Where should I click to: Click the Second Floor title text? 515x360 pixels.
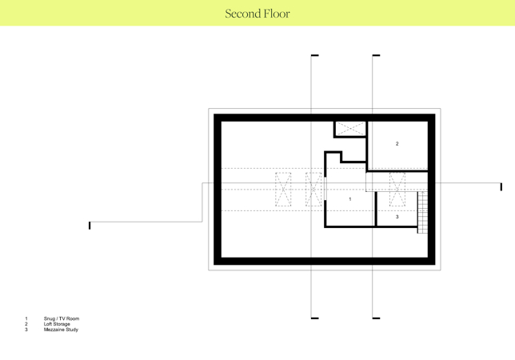(257, 14)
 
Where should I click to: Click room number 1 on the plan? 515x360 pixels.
(350, 199)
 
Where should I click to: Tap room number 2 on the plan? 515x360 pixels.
(397, 143)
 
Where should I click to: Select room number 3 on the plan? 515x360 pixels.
(397, 217)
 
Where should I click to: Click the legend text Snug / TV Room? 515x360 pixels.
(62, 318)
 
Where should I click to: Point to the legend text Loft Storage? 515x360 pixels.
(57, 324)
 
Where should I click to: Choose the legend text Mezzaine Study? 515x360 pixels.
(61, 330)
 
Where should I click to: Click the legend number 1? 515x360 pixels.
(26, 318)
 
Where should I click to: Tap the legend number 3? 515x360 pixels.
(26, 330)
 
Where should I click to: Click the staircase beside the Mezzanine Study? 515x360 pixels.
(422, 213)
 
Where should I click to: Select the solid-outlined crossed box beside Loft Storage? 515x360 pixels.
(350, 129)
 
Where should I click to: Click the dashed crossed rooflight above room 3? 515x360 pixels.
(397, 189)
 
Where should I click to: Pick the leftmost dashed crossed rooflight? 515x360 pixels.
(283, 189)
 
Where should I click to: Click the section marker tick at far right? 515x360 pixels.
(501, 186)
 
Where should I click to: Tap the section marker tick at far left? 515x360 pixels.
(90, 226)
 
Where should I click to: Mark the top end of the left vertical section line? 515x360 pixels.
(311, 55)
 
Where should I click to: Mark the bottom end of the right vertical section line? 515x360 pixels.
(373, 318)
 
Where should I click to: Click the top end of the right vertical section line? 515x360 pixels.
(373, 55)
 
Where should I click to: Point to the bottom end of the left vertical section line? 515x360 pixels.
(311, 318)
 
